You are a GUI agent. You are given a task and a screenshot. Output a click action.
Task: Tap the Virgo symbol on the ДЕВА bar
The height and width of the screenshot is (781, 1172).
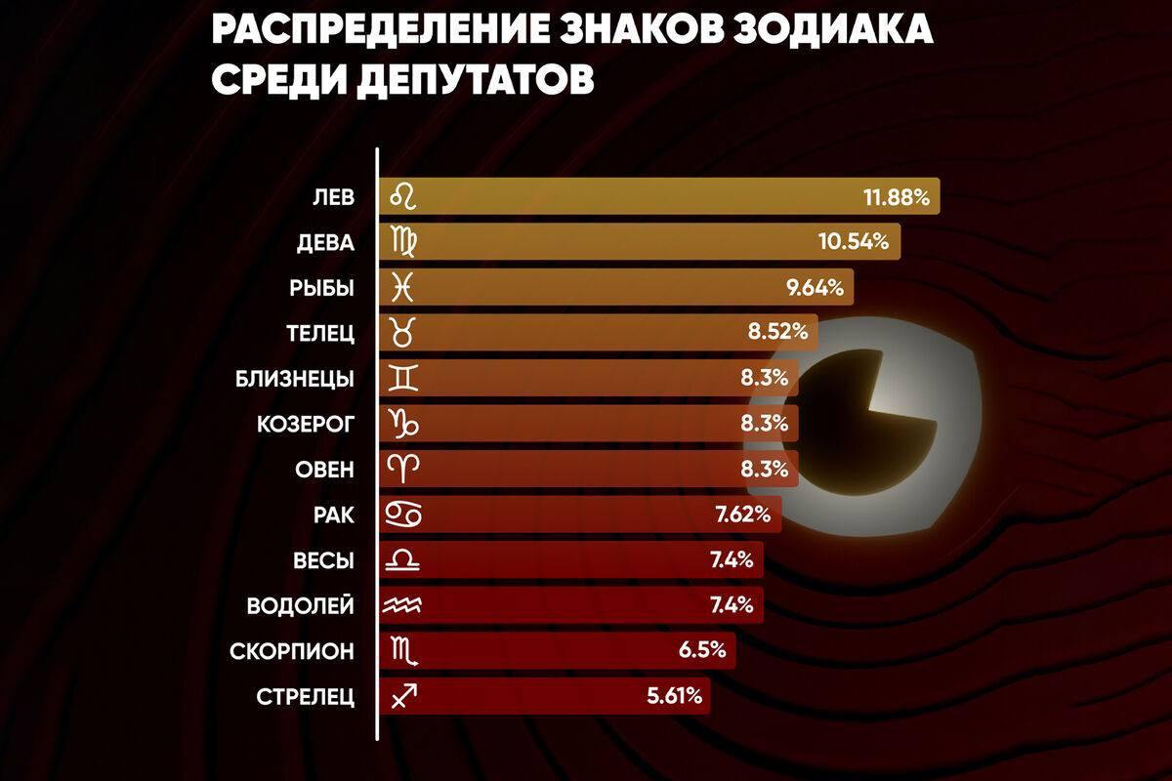coord(403,242)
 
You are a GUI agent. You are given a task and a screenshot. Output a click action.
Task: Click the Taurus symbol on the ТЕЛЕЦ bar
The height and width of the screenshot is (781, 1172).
coord(403,333)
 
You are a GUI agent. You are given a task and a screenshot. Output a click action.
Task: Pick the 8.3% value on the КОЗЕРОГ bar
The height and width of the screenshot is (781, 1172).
coord(764,424)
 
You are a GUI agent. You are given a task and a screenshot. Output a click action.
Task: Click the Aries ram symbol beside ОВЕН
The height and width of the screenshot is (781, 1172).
coord(403,469)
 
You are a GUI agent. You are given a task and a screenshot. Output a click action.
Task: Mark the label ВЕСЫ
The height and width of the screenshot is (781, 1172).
coord(323,560)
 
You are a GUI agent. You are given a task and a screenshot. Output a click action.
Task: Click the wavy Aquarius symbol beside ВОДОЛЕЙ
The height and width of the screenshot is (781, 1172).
coord(403,605)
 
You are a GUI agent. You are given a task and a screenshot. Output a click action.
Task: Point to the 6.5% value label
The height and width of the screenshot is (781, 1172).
coord(700,651)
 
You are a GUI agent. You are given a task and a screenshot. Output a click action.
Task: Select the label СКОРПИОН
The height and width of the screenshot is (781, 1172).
coord(292,651)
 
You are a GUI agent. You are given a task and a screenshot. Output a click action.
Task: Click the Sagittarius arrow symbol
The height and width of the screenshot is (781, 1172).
coord(403,696)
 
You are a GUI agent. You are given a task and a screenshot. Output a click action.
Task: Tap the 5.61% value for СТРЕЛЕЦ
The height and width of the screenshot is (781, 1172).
coord(676,696)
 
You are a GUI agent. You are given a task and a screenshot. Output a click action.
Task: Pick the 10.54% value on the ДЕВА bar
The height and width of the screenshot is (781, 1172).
coord(853,242)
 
